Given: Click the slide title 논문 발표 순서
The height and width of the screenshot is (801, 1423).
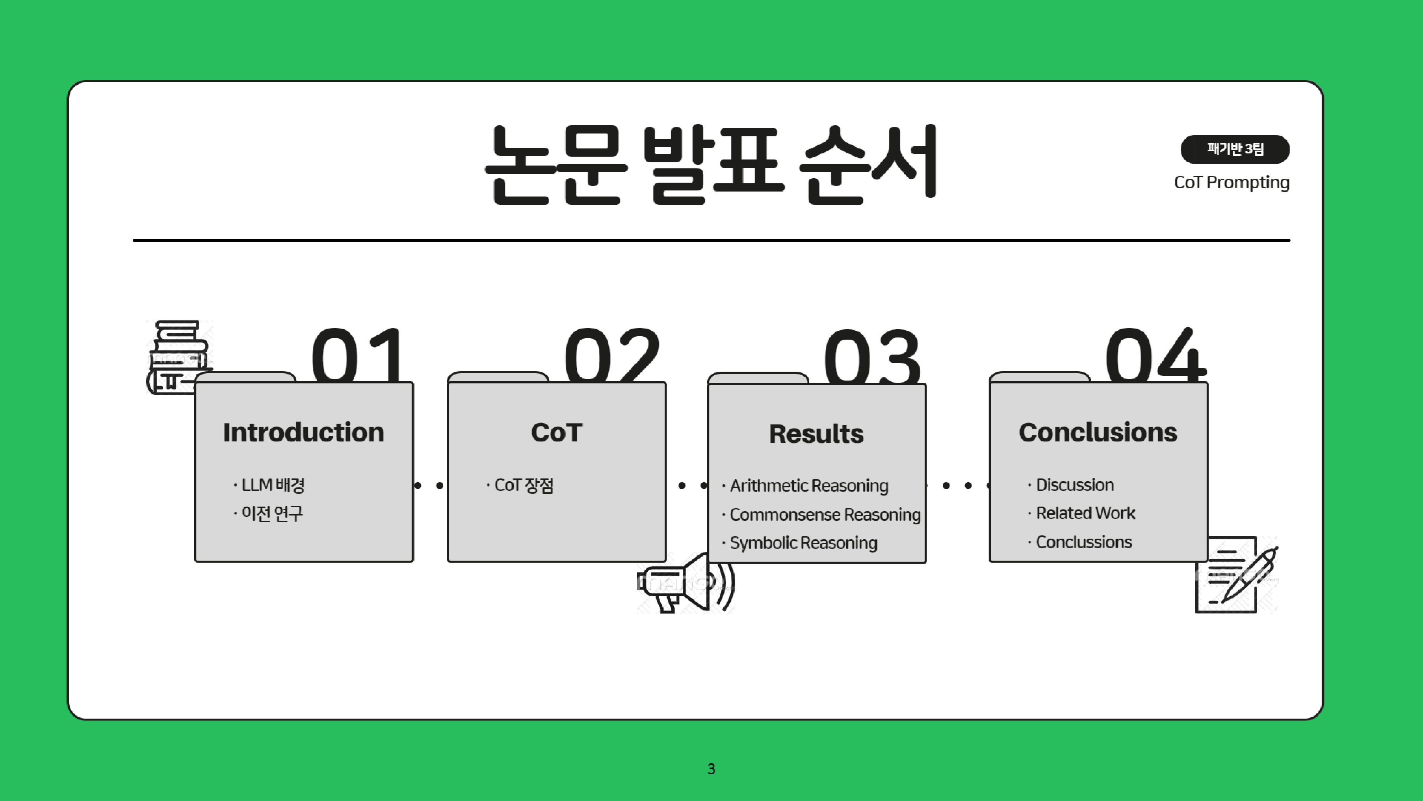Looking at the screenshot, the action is pos(710,164).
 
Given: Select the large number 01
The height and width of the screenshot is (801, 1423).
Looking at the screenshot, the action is pos(358,355).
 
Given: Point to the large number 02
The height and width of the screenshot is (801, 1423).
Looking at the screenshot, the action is pos(612,355).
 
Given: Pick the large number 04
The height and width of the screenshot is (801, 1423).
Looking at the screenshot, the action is pos(1155,355).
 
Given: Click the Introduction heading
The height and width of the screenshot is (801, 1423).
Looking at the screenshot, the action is pos(303,432).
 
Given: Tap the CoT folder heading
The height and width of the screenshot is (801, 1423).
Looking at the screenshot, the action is pos(556,432).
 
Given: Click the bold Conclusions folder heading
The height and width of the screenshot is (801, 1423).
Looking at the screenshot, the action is pos(1097,432).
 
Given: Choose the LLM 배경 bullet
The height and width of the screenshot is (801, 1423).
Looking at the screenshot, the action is pos(273,485).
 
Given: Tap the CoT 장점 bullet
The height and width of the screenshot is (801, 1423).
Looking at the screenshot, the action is pos(523,485).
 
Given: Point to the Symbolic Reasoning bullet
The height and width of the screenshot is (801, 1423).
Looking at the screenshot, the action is pos(803,543).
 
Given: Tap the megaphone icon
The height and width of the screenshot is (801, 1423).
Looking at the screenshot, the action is pos(685,583).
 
